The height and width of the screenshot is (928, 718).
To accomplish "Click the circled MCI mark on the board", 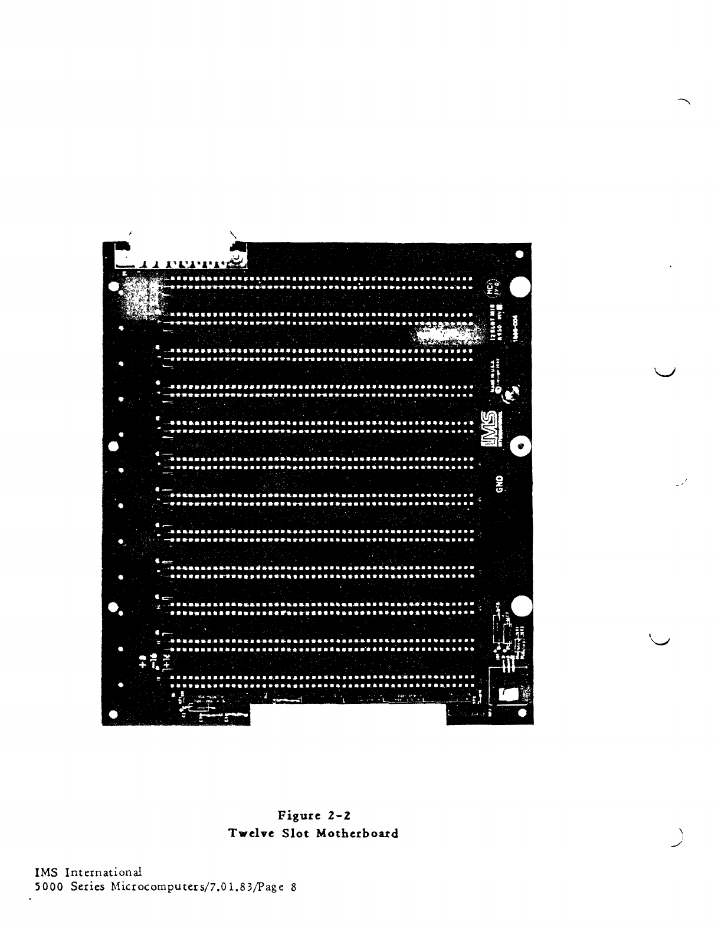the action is point(490,288).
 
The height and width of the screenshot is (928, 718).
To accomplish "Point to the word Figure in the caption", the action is point(299,816).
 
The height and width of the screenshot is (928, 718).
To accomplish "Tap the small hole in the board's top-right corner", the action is point(519,255).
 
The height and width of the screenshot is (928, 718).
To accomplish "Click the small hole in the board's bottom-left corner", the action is point(113,714).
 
